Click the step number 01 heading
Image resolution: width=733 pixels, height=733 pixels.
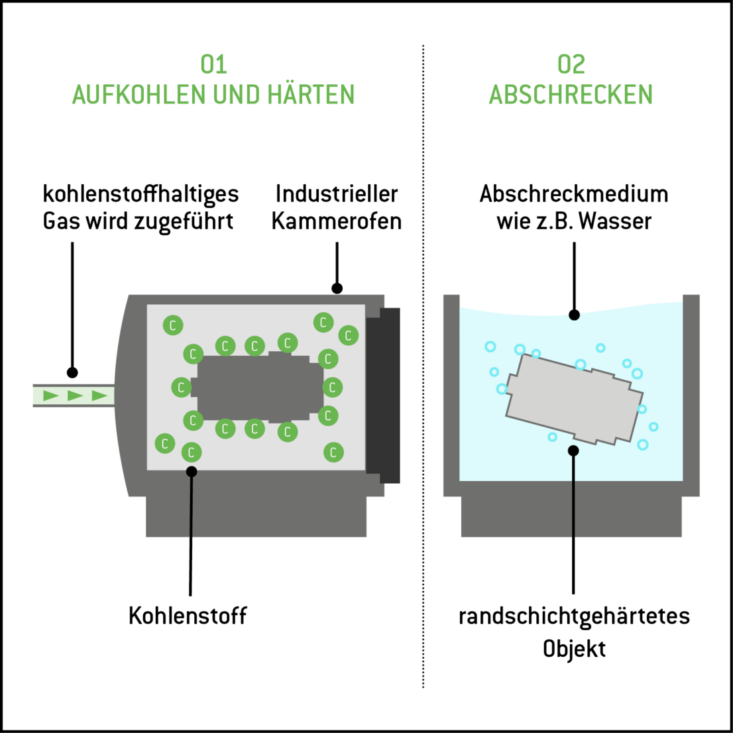coord(213,64)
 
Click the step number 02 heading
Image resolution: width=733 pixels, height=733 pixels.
coord(571,64)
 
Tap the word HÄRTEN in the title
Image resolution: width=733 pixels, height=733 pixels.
coord(311,95)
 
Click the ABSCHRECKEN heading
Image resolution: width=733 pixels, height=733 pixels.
coord(571,95)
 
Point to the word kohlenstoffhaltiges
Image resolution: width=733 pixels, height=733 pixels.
coord(141,194)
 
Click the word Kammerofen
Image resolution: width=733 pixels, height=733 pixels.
coord(337,221)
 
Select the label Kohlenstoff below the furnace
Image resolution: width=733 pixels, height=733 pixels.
coord(188,615)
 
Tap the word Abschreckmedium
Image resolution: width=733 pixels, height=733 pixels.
coord(574,194)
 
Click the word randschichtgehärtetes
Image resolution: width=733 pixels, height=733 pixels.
coord(574,616)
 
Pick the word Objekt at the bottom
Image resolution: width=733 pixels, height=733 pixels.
coord(574,648)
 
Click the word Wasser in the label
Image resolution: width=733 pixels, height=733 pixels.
coord(615,221)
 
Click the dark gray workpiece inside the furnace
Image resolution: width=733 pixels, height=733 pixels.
coord(258,387)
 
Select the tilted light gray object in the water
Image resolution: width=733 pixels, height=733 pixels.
coord(574,398)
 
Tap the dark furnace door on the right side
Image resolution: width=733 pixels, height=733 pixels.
coord(384,395)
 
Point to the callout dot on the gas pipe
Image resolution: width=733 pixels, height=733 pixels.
coord(72,372)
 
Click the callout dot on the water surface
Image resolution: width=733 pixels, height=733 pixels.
coord(574,315)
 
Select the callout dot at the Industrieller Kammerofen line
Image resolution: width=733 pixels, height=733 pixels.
coord(337,288)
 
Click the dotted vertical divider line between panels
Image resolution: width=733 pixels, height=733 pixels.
coord(423,365)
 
